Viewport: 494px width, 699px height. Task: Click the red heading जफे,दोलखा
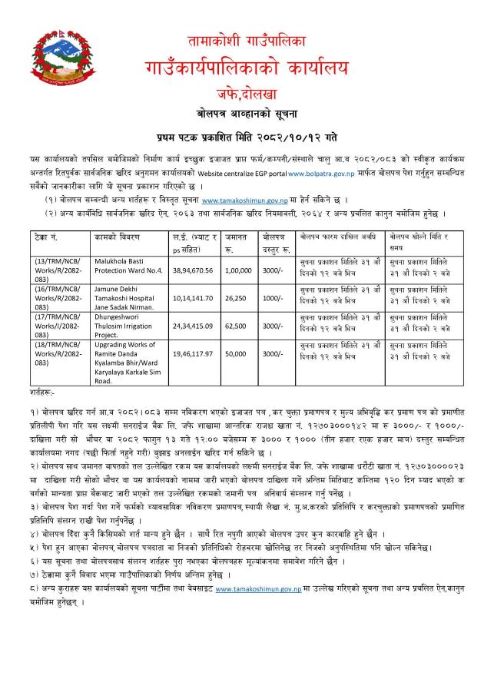pyautogui.click(x=247, y=93)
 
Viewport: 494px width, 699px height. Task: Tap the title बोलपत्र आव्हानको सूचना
pyautogui.click(x=247, y=112)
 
